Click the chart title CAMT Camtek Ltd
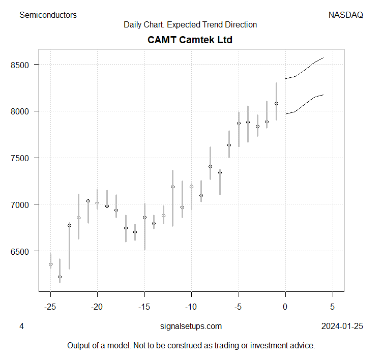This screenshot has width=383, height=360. (190, 40)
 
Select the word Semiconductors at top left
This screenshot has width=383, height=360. (48, 15)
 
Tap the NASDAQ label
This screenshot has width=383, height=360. (345, 15)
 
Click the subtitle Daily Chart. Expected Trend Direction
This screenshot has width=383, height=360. (190, 25)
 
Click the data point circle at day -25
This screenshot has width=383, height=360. (50, 264)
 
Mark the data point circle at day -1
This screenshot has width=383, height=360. (276, 103)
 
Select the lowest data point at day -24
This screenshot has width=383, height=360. (60, 277)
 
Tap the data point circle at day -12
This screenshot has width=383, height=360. (173, 187)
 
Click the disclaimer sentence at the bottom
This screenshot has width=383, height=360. (191, 346)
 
